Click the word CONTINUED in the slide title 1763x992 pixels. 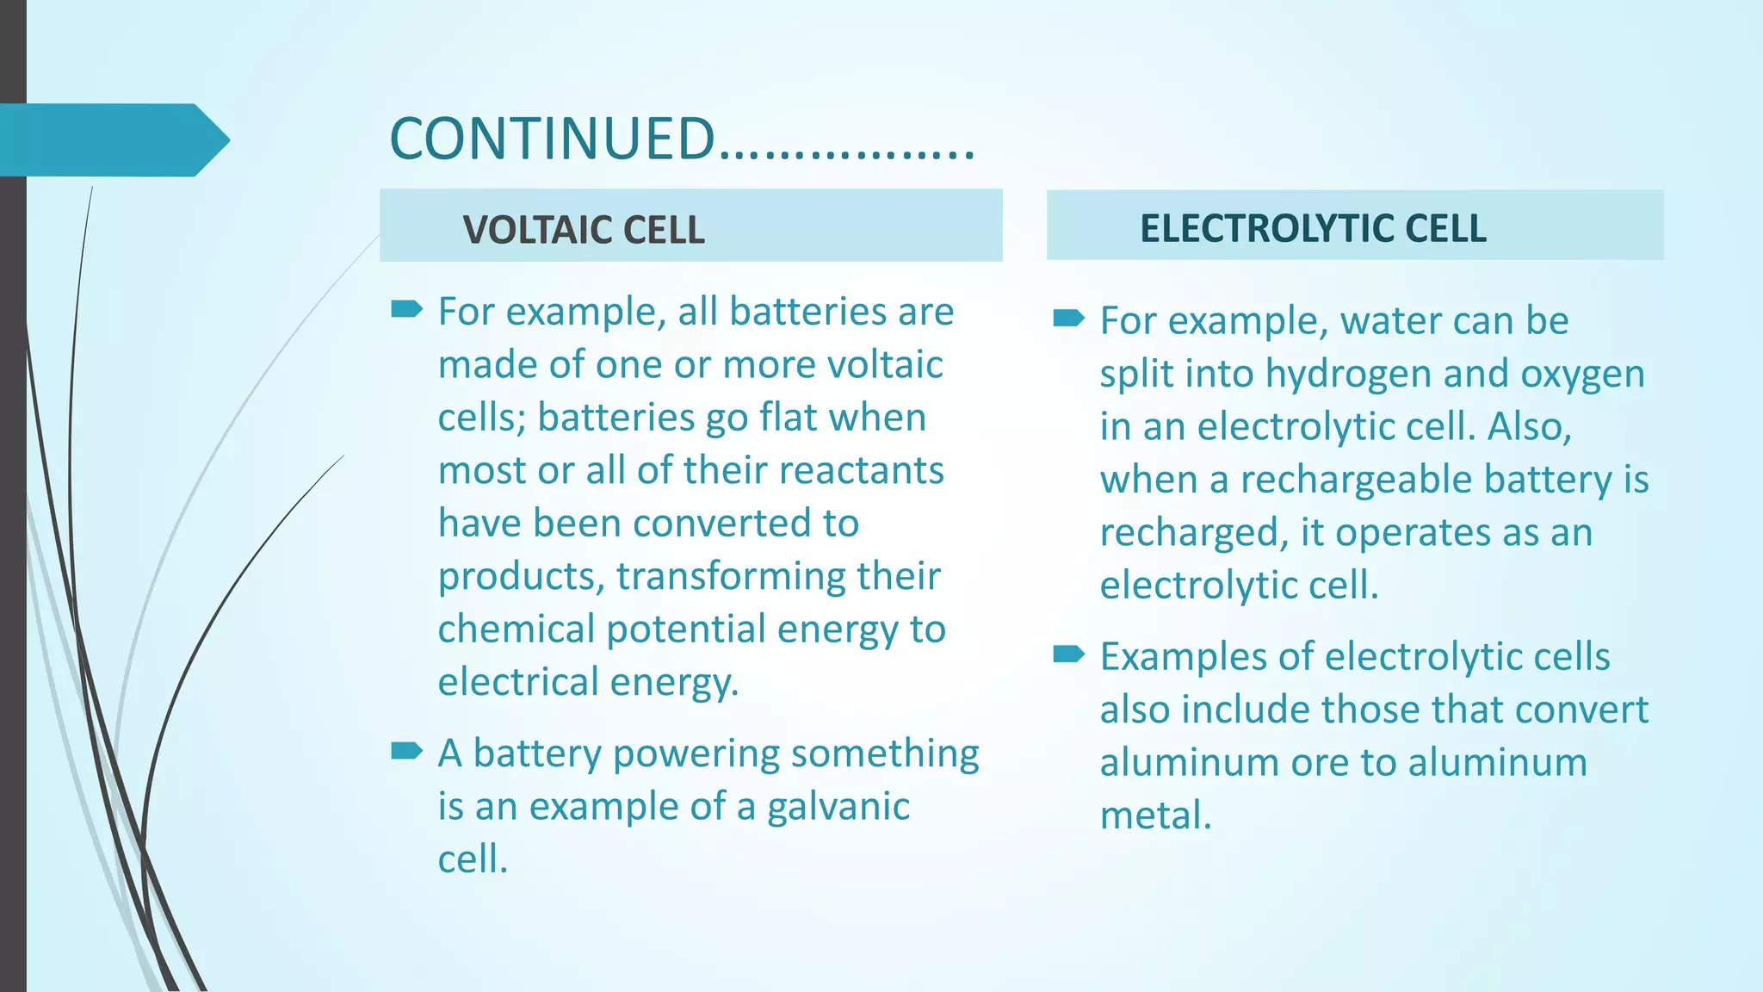coord(552,139)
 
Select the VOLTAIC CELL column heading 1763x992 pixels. coord(583,230)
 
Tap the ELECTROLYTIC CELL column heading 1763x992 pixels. coord(1313,228)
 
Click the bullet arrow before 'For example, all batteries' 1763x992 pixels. coord(406,309)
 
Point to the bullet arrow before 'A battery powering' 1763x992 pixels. coord(406,751)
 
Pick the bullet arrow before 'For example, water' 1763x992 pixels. coord(1068,319)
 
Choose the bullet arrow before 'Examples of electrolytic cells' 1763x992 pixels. coord(1068,654)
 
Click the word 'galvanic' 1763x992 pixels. coord(838,807)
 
